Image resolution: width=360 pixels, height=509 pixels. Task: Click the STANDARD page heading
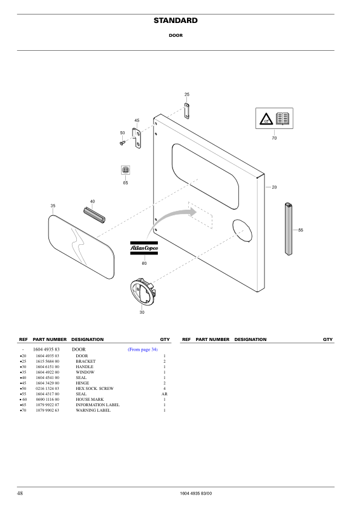175,21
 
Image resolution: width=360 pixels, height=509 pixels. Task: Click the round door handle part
143,292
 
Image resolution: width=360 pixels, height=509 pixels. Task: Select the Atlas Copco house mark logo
144,248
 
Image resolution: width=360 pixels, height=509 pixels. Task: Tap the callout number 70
274,138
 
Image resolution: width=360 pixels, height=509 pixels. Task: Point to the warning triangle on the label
266,119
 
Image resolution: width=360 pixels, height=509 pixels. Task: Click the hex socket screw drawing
122,142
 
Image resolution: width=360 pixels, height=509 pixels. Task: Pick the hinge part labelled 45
137,138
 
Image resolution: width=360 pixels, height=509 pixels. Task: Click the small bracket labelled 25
187,111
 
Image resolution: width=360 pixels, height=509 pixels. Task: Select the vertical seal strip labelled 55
289,229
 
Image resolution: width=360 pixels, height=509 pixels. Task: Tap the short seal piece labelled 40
94,213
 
